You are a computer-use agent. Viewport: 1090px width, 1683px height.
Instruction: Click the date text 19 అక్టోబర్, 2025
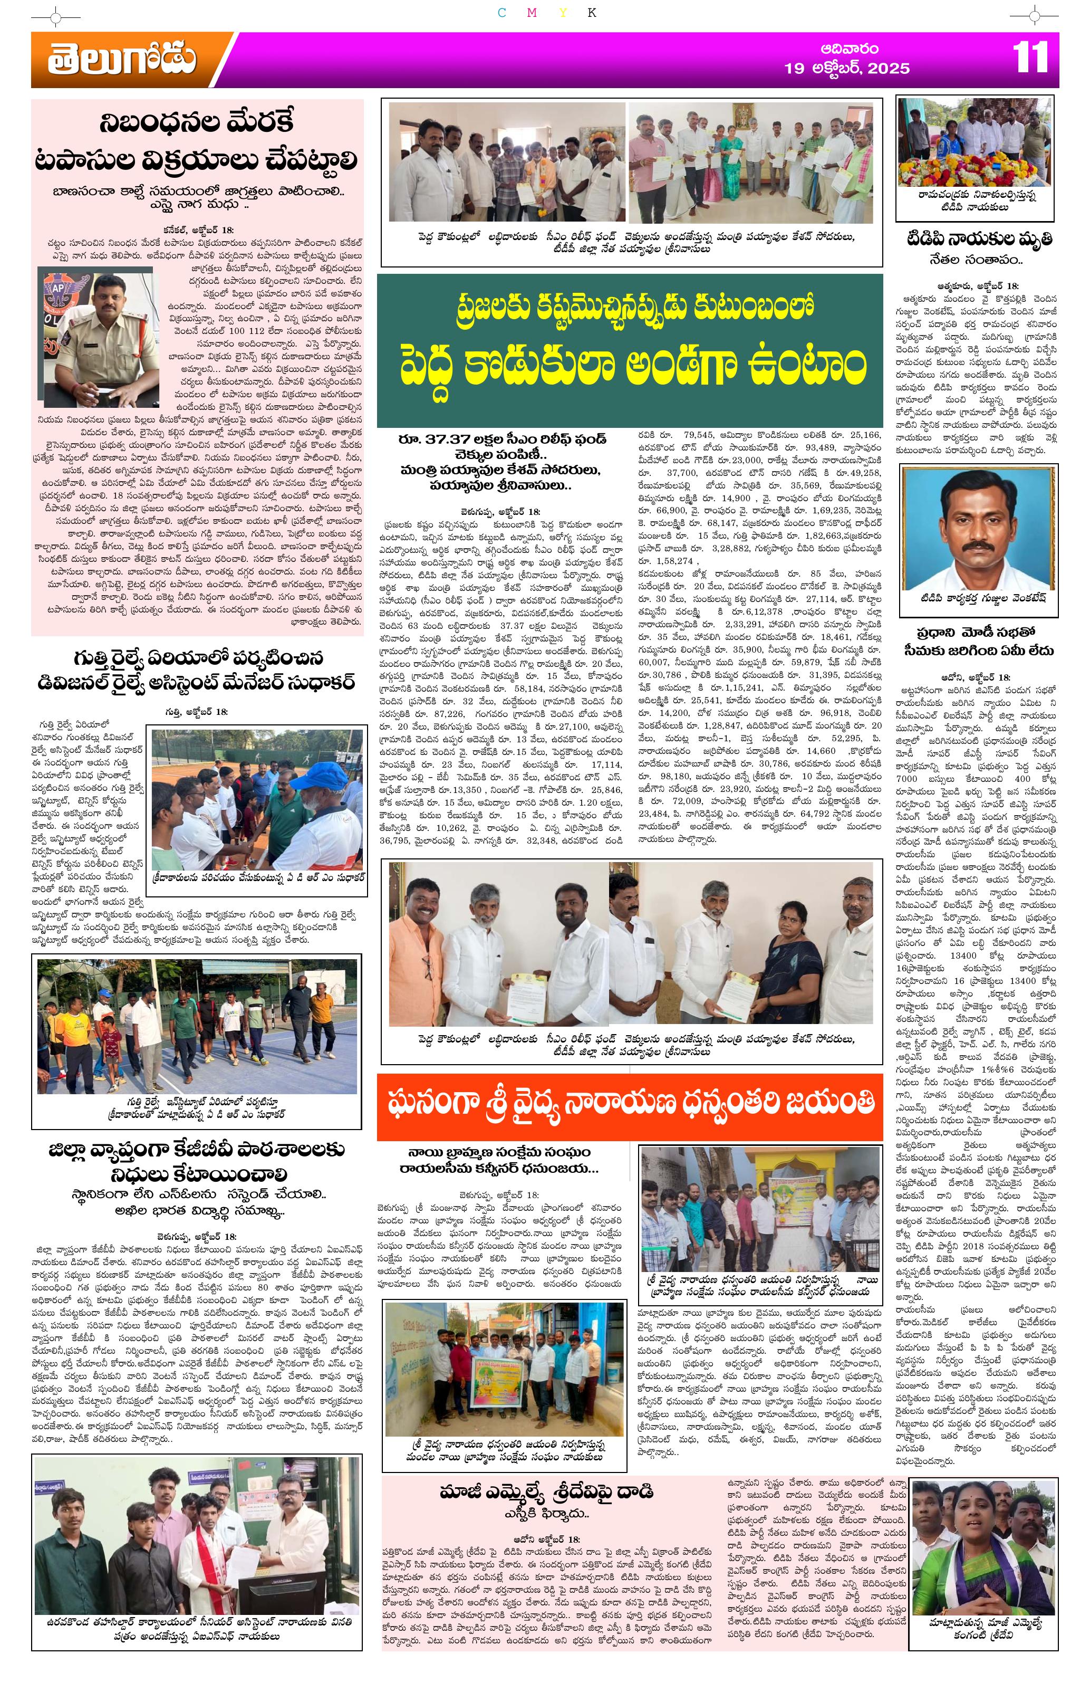(x=847, y=69)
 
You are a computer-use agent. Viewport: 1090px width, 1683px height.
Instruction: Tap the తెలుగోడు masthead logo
(x=122, y=60)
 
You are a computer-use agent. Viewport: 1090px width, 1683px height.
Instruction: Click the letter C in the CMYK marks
(x=501, y=13)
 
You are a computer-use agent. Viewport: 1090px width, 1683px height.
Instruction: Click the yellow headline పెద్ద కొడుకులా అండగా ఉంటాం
(x=629, y=366)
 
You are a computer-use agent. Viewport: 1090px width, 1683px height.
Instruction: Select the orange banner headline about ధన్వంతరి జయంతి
(x=629, y=1103)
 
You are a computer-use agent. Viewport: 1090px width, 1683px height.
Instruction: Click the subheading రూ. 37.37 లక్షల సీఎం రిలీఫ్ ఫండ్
(x=502, y=439)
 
